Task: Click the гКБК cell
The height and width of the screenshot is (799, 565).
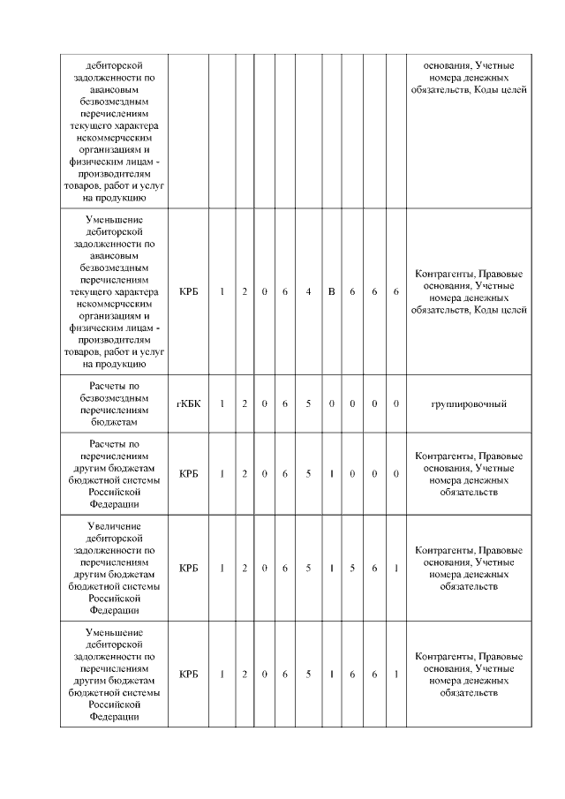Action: (188, 403)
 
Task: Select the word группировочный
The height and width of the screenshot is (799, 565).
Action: (468, 403)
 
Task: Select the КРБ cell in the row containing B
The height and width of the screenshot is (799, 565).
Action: (188, 291)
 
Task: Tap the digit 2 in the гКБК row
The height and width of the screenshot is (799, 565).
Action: (245, 403)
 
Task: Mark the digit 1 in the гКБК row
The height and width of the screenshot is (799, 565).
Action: (222, 403)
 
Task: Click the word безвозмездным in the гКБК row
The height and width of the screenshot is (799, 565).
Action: (115, 398)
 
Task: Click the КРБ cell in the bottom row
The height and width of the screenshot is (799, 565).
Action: (188, 675)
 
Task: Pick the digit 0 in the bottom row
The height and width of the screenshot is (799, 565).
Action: (265, 675)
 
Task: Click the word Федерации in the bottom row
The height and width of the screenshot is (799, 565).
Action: (115, 717)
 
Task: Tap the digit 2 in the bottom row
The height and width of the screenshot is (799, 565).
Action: (245, 675)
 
